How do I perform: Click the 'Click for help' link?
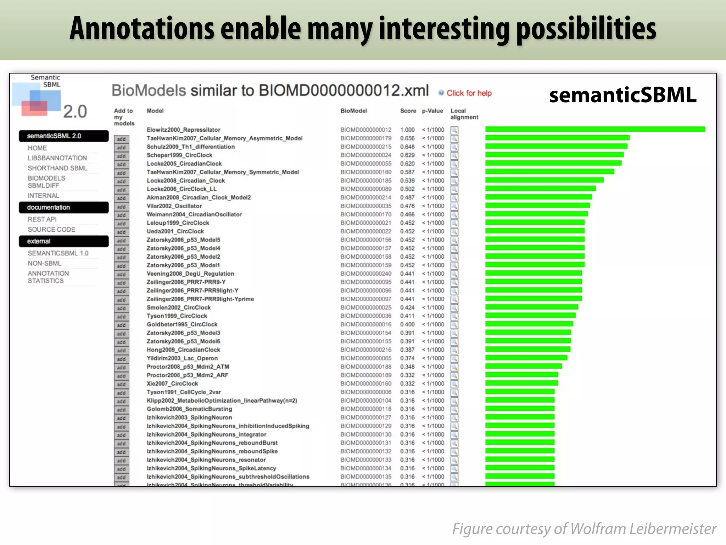469,93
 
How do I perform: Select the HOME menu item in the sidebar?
37,148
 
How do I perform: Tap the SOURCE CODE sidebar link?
51,230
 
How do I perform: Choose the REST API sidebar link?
42,219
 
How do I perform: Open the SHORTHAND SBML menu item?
57,168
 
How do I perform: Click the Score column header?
408,111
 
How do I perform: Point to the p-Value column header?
432,111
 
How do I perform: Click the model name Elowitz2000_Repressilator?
183,130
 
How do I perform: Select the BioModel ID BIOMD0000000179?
366,138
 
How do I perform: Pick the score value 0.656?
407,138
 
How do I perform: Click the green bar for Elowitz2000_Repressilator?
595,129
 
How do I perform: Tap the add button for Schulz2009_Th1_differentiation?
121,148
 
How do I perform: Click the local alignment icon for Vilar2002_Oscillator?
454,206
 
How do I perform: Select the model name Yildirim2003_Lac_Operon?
182,358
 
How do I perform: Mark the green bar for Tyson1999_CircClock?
530,315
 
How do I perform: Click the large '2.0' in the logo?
75,112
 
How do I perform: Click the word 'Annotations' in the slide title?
142,28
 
